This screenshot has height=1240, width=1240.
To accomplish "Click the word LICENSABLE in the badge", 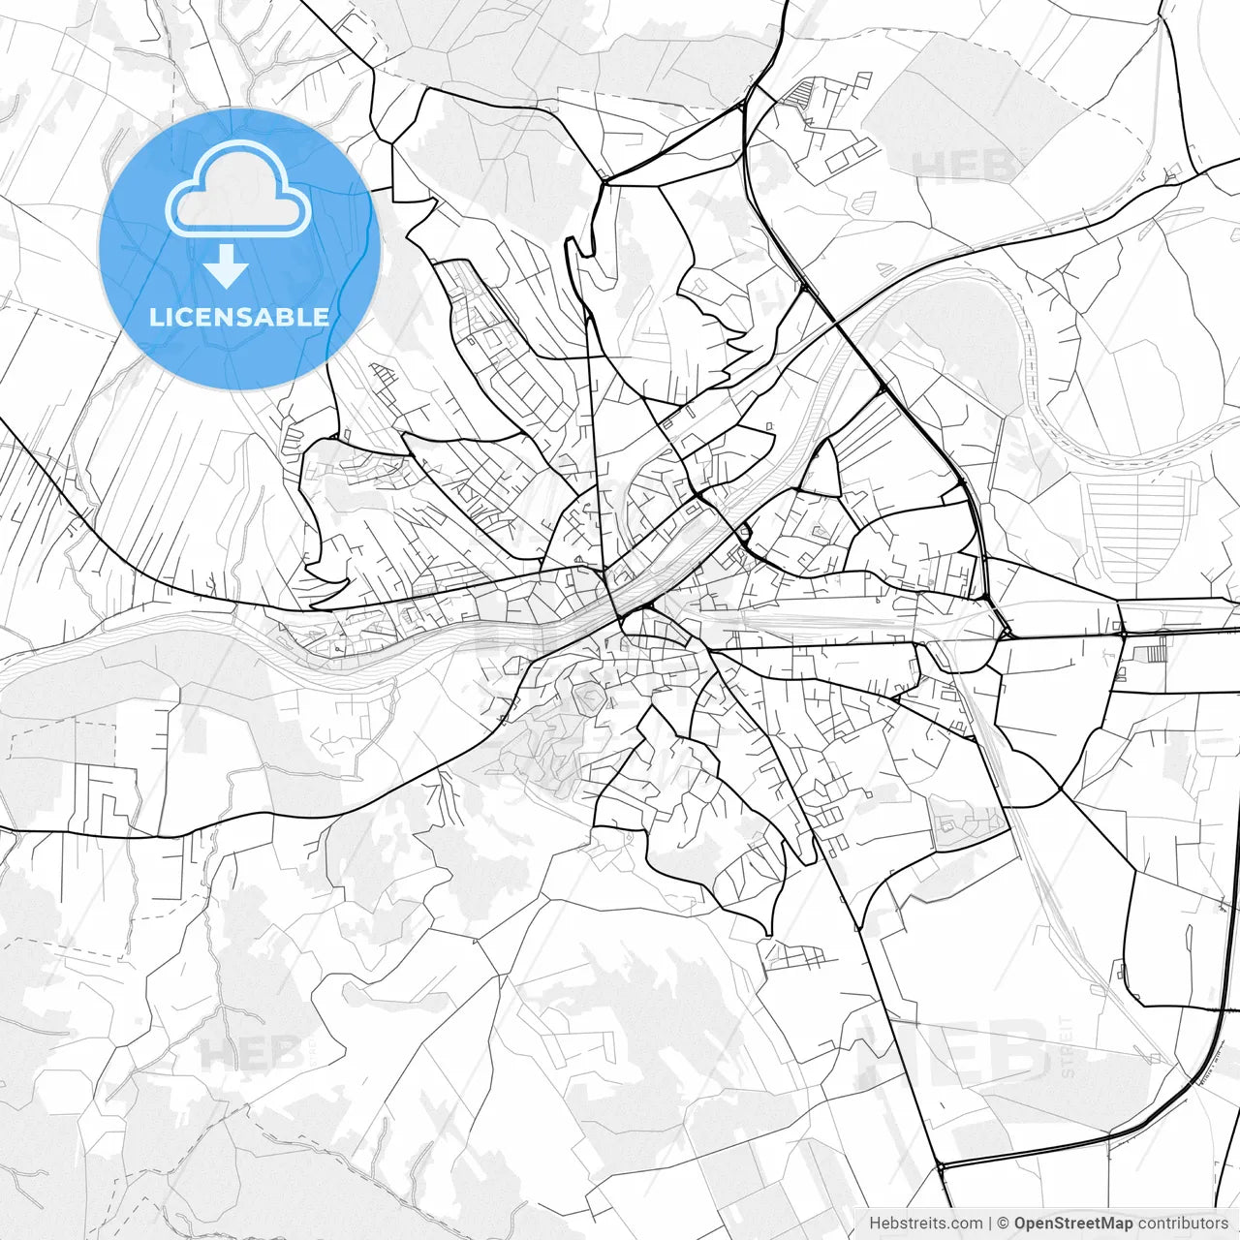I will tap(238, 318).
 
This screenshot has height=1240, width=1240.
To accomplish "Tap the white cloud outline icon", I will tap(238, 189).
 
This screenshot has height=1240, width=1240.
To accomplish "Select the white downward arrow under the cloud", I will tap(227, 266).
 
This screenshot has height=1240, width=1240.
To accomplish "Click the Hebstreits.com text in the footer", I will tap(925, 1224).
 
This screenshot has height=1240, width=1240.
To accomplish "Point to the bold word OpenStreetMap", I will tap(1073, 1224).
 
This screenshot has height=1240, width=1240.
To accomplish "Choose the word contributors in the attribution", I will tap(1183, 1224).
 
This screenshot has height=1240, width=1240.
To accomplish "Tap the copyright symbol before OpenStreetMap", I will tap(1004, 1224).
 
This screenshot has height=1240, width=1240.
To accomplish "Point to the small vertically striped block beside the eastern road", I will tap(1155, 652).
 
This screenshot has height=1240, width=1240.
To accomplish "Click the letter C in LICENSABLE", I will tap(181, 318).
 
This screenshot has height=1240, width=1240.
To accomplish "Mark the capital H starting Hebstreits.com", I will tap(875, 1224).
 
